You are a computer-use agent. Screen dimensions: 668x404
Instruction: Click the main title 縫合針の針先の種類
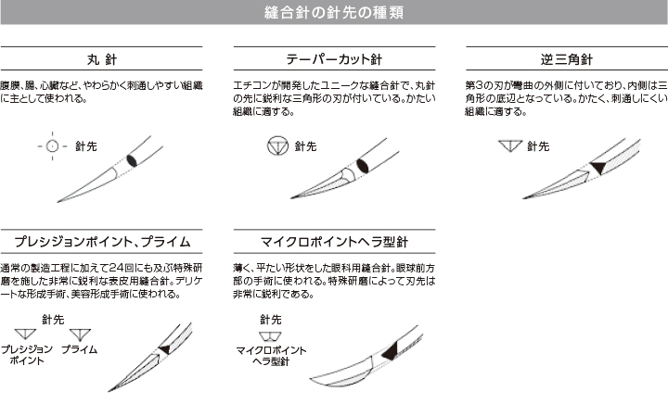334,12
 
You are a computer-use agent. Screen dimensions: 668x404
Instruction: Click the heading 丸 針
102,59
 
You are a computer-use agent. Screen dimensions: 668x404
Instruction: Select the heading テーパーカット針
334,59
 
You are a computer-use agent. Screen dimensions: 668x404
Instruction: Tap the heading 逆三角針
567,59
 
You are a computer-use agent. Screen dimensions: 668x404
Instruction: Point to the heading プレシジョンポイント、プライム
102,242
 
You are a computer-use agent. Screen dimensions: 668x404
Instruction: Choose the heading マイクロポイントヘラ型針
334,242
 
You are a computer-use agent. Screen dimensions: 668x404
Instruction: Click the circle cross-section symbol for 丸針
52,146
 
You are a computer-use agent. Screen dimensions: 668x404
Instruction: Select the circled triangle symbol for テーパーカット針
277,145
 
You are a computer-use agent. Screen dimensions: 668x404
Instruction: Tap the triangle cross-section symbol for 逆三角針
510,145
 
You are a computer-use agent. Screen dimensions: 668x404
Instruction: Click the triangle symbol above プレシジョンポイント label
25,334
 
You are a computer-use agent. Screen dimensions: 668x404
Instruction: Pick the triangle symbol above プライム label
80,335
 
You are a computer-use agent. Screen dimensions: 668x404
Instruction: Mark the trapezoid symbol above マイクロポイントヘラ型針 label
271,336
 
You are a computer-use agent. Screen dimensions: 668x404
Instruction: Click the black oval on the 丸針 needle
132,160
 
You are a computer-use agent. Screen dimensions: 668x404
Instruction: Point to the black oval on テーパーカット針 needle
362,166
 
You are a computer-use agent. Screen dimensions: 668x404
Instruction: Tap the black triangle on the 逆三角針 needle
597,168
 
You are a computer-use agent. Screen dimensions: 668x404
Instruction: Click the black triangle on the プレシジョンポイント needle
165,349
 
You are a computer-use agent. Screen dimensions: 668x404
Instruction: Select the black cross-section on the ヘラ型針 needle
391,351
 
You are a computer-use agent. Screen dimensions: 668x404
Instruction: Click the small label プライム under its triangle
79,349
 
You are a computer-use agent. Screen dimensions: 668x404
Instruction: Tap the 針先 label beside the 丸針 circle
86,146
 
